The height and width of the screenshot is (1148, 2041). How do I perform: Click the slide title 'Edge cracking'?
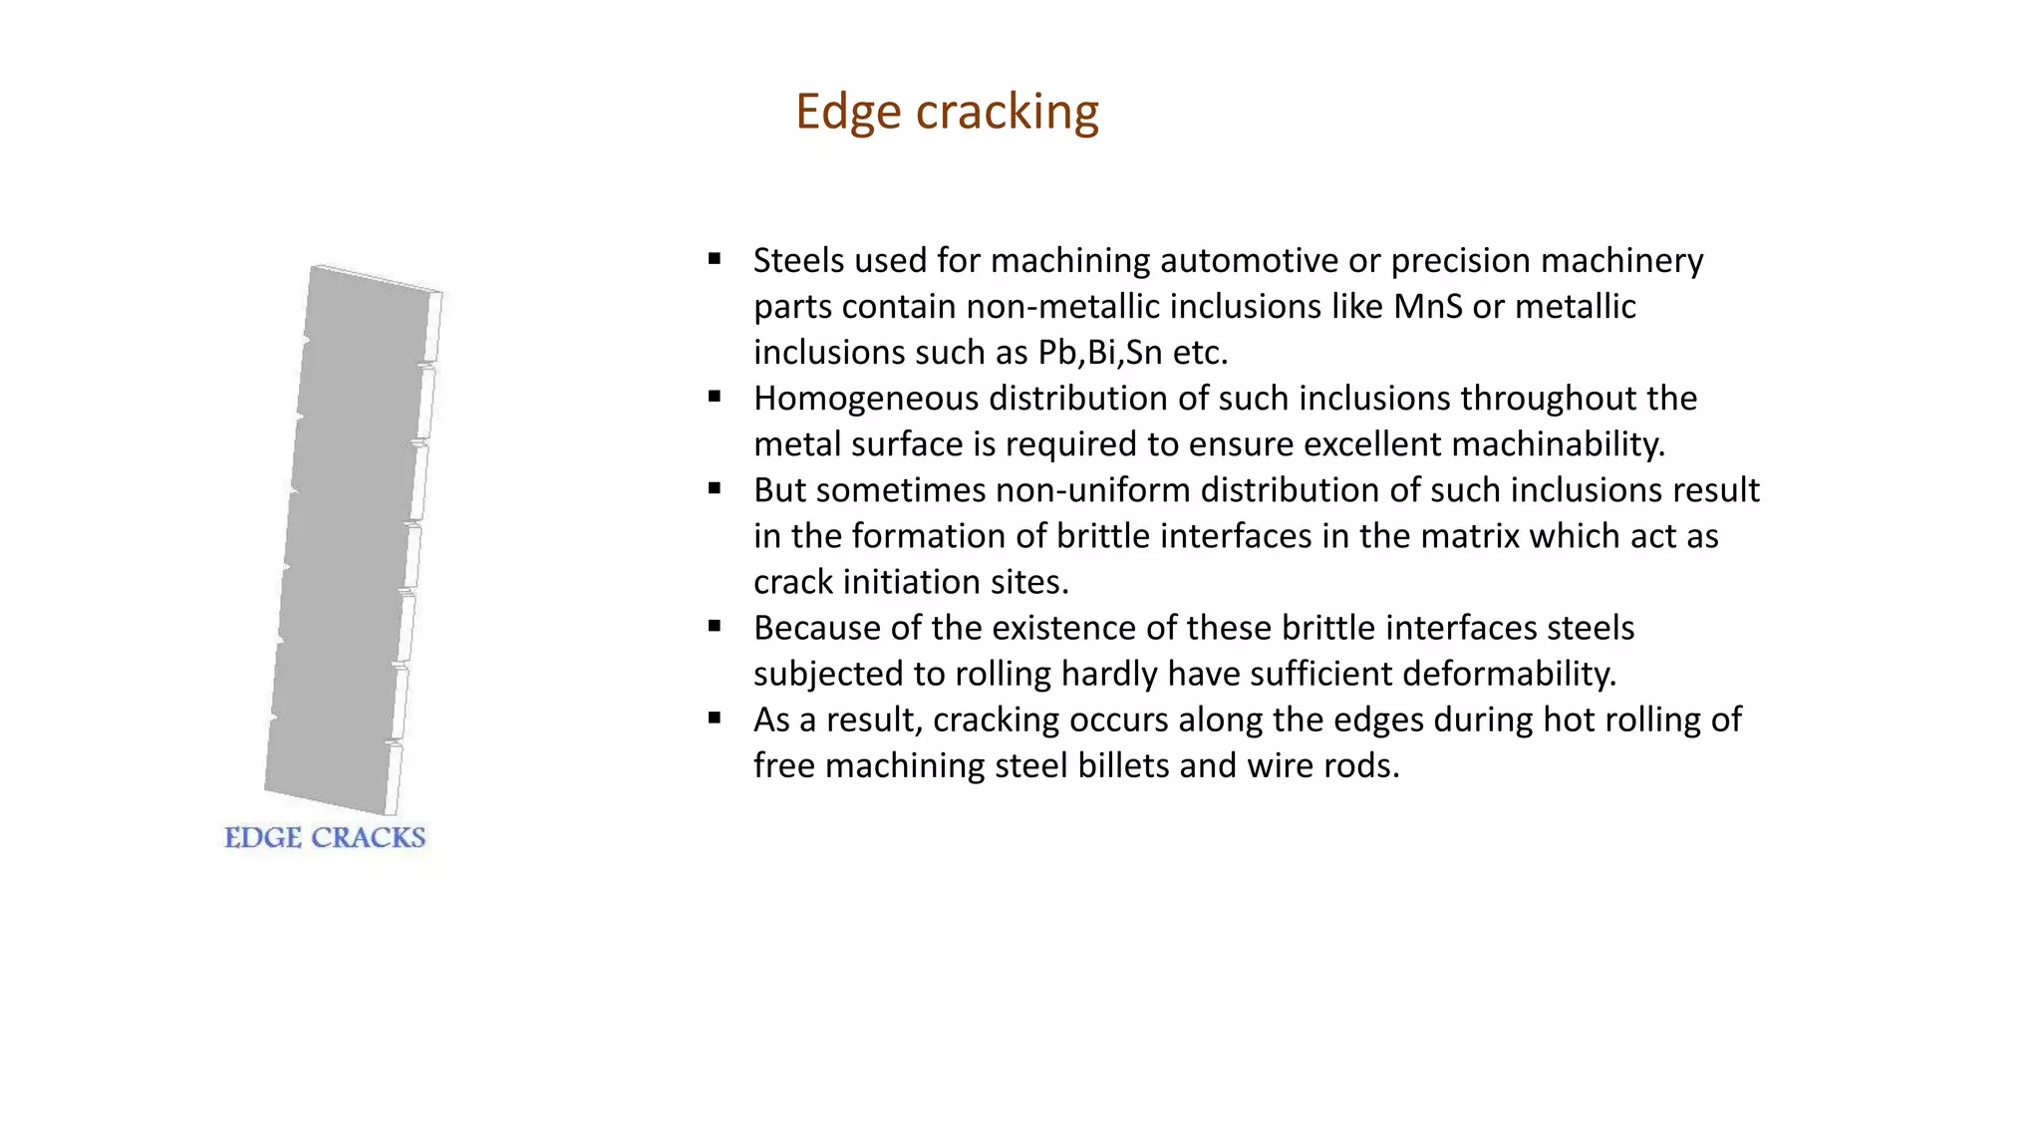(x=947, y=112)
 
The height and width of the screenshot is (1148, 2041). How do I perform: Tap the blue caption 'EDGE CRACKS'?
(x=325, y=837)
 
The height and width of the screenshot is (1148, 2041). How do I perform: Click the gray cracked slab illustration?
(x=354, y=538)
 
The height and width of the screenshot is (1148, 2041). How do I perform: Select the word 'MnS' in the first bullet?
(x=1427, y=306)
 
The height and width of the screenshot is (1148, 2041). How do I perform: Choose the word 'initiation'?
(x=925, y=581)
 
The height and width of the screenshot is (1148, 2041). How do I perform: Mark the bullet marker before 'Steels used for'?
(x=715, y=259)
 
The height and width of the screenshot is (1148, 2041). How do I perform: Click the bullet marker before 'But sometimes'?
(x=715, y=488)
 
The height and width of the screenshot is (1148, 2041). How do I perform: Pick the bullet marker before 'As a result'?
(x=715, y=717)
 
